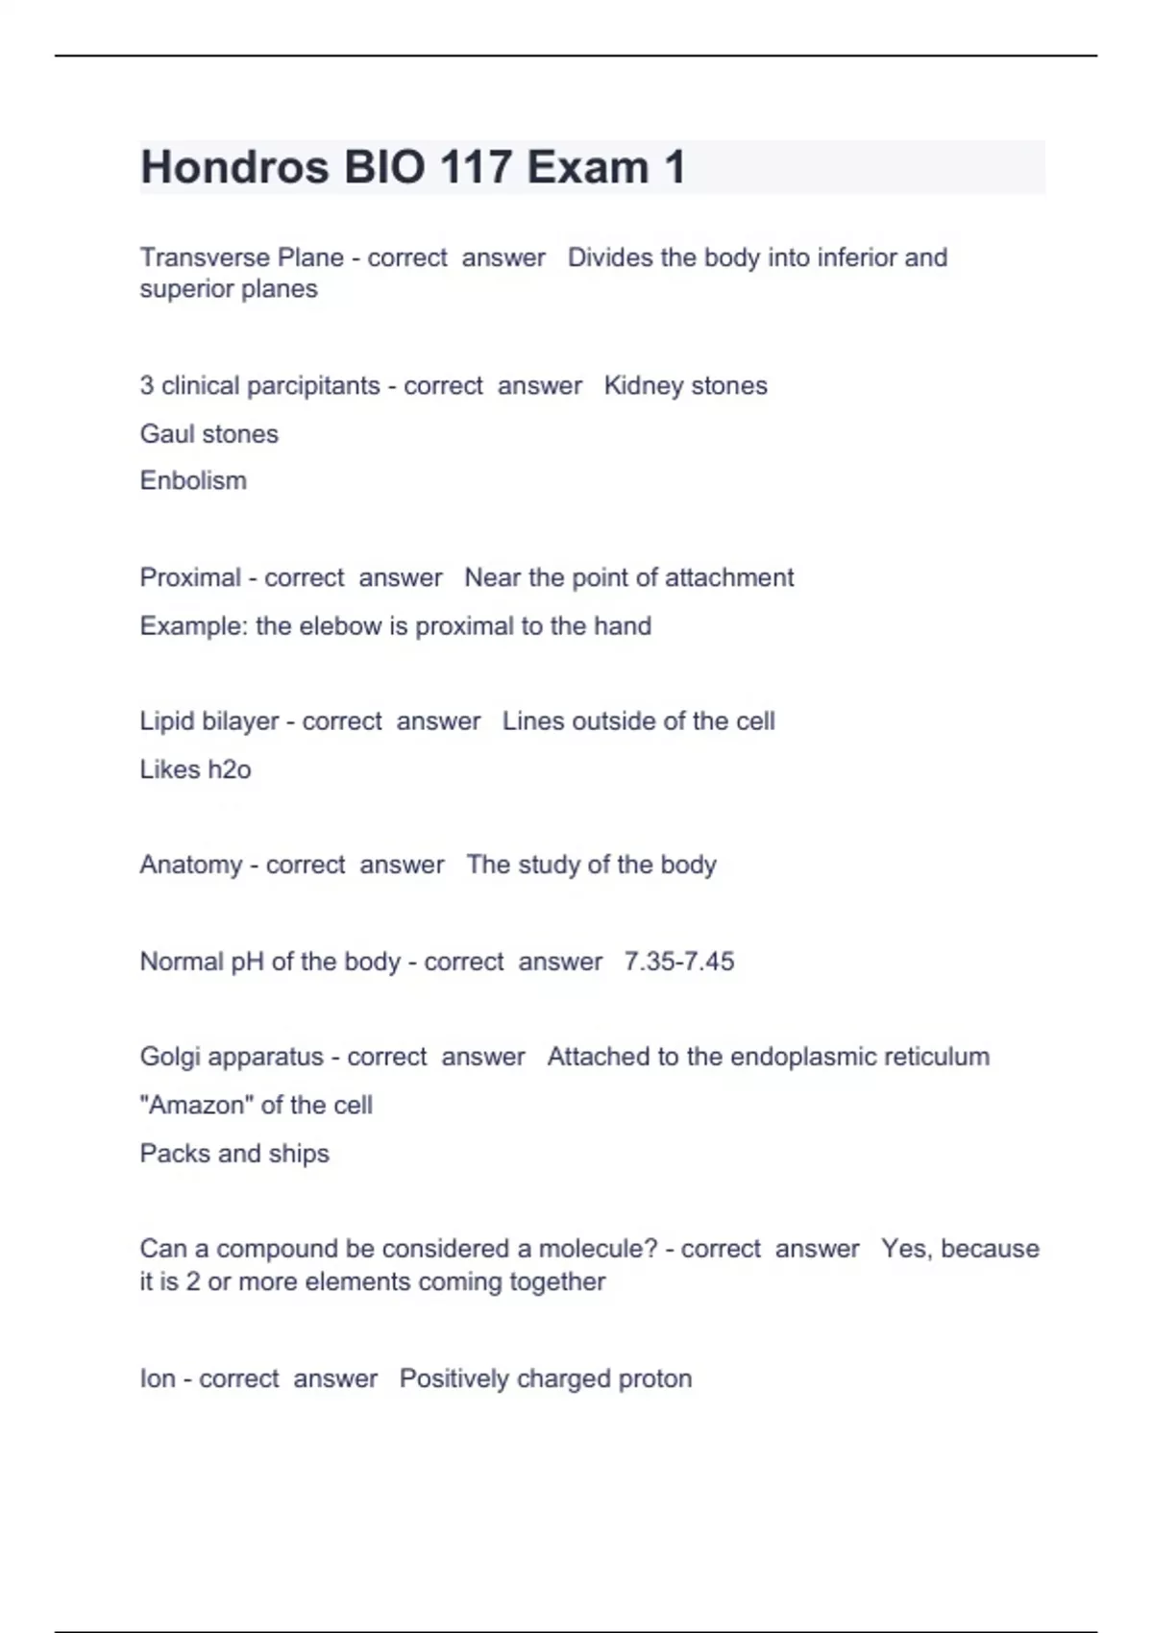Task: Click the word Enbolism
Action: [x=193, y=480]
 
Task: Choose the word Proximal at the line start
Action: [x=190, y=577]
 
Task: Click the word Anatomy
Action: [x=191, y=865]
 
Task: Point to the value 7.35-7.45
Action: [x=679, y=962]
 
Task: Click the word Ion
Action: [x=158, y=1379]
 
